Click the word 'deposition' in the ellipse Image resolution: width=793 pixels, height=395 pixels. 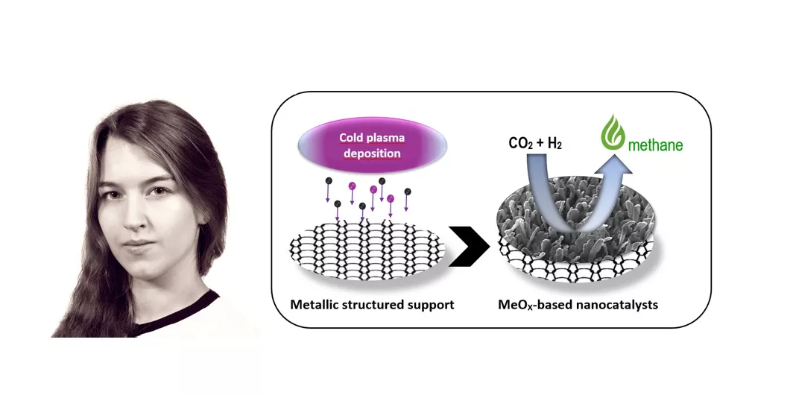pos(370,154)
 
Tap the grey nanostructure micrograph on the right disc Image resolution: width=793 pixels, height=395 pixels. pos(566,216)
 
